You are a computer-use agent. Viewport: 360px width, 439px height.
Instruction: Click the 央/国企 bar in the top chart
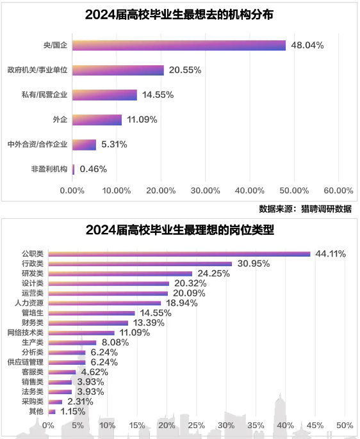179,45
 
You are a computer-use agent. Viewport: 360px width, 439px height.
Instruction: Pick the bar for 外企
97,120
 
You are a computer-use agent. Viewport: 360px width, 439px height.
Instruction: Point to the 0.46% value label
93,170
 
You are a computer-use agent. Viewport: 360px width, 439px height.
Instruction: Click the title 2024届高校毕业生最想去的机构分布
179,15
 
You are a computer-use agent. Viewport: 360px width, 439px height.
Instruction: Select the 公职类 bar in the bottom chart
179,254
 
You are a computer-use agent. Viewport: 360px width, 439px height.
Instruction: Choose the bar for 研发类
120,273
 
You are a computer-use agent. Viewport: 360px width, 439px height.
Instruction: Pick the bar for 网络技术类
81,333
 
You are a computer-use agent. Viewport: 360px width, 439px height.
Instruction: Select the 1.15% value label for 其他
72,411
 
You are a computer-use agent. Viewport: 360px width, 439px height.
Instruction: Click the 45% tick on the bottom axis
315,426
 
